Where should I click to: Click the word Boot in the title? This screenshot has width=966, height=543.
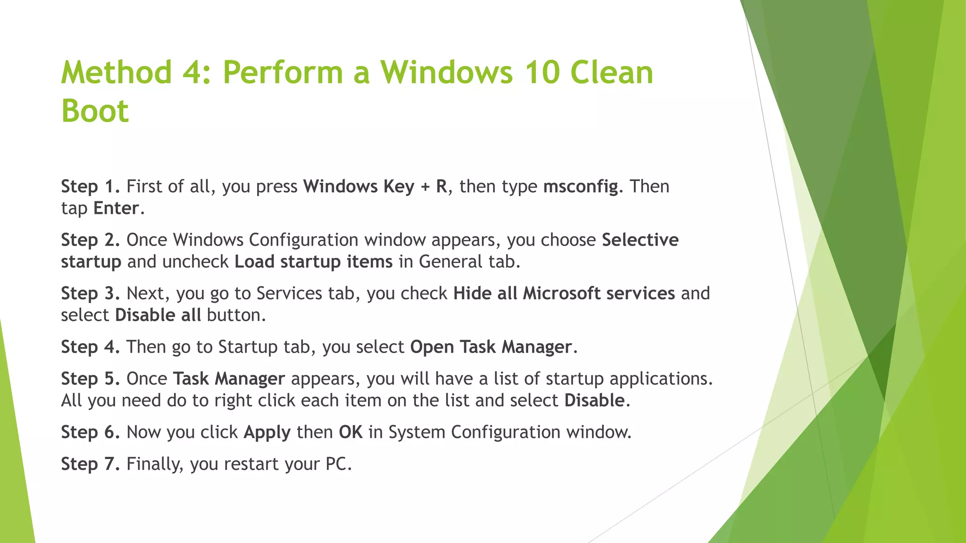click(95, 111)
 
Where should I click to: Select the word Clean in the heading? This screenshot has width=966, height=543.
click(612, 73)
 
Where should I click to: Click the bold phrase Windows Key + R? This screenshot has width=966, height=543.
click(375, 187)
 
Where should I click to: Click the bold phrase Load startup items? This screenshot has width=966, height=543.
click(313, 262)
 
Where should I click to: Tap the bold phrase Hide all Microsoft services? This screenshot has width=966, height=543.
click(564, 293)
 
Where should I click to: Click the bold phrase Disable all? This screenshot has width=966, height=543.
click(158, 315)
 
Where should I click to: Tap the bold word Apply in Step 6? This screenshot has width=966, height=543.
click(267, 432)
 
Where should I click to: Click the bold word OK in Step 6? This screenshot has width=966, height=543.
click(350, 432)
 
